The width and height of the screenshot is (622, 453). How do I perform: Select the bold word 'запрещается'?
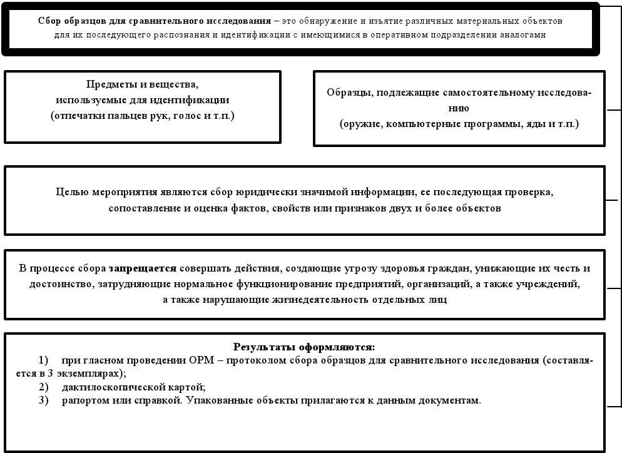[143, 268]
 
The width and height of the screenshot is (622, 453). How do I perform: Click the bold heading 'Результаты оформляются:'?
[304, 347]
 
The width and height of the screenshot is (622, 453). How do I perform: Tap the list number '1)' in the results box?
[43, 361]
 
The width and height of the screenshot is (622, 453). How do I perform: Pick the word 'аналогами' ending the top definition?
[525, 35]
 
